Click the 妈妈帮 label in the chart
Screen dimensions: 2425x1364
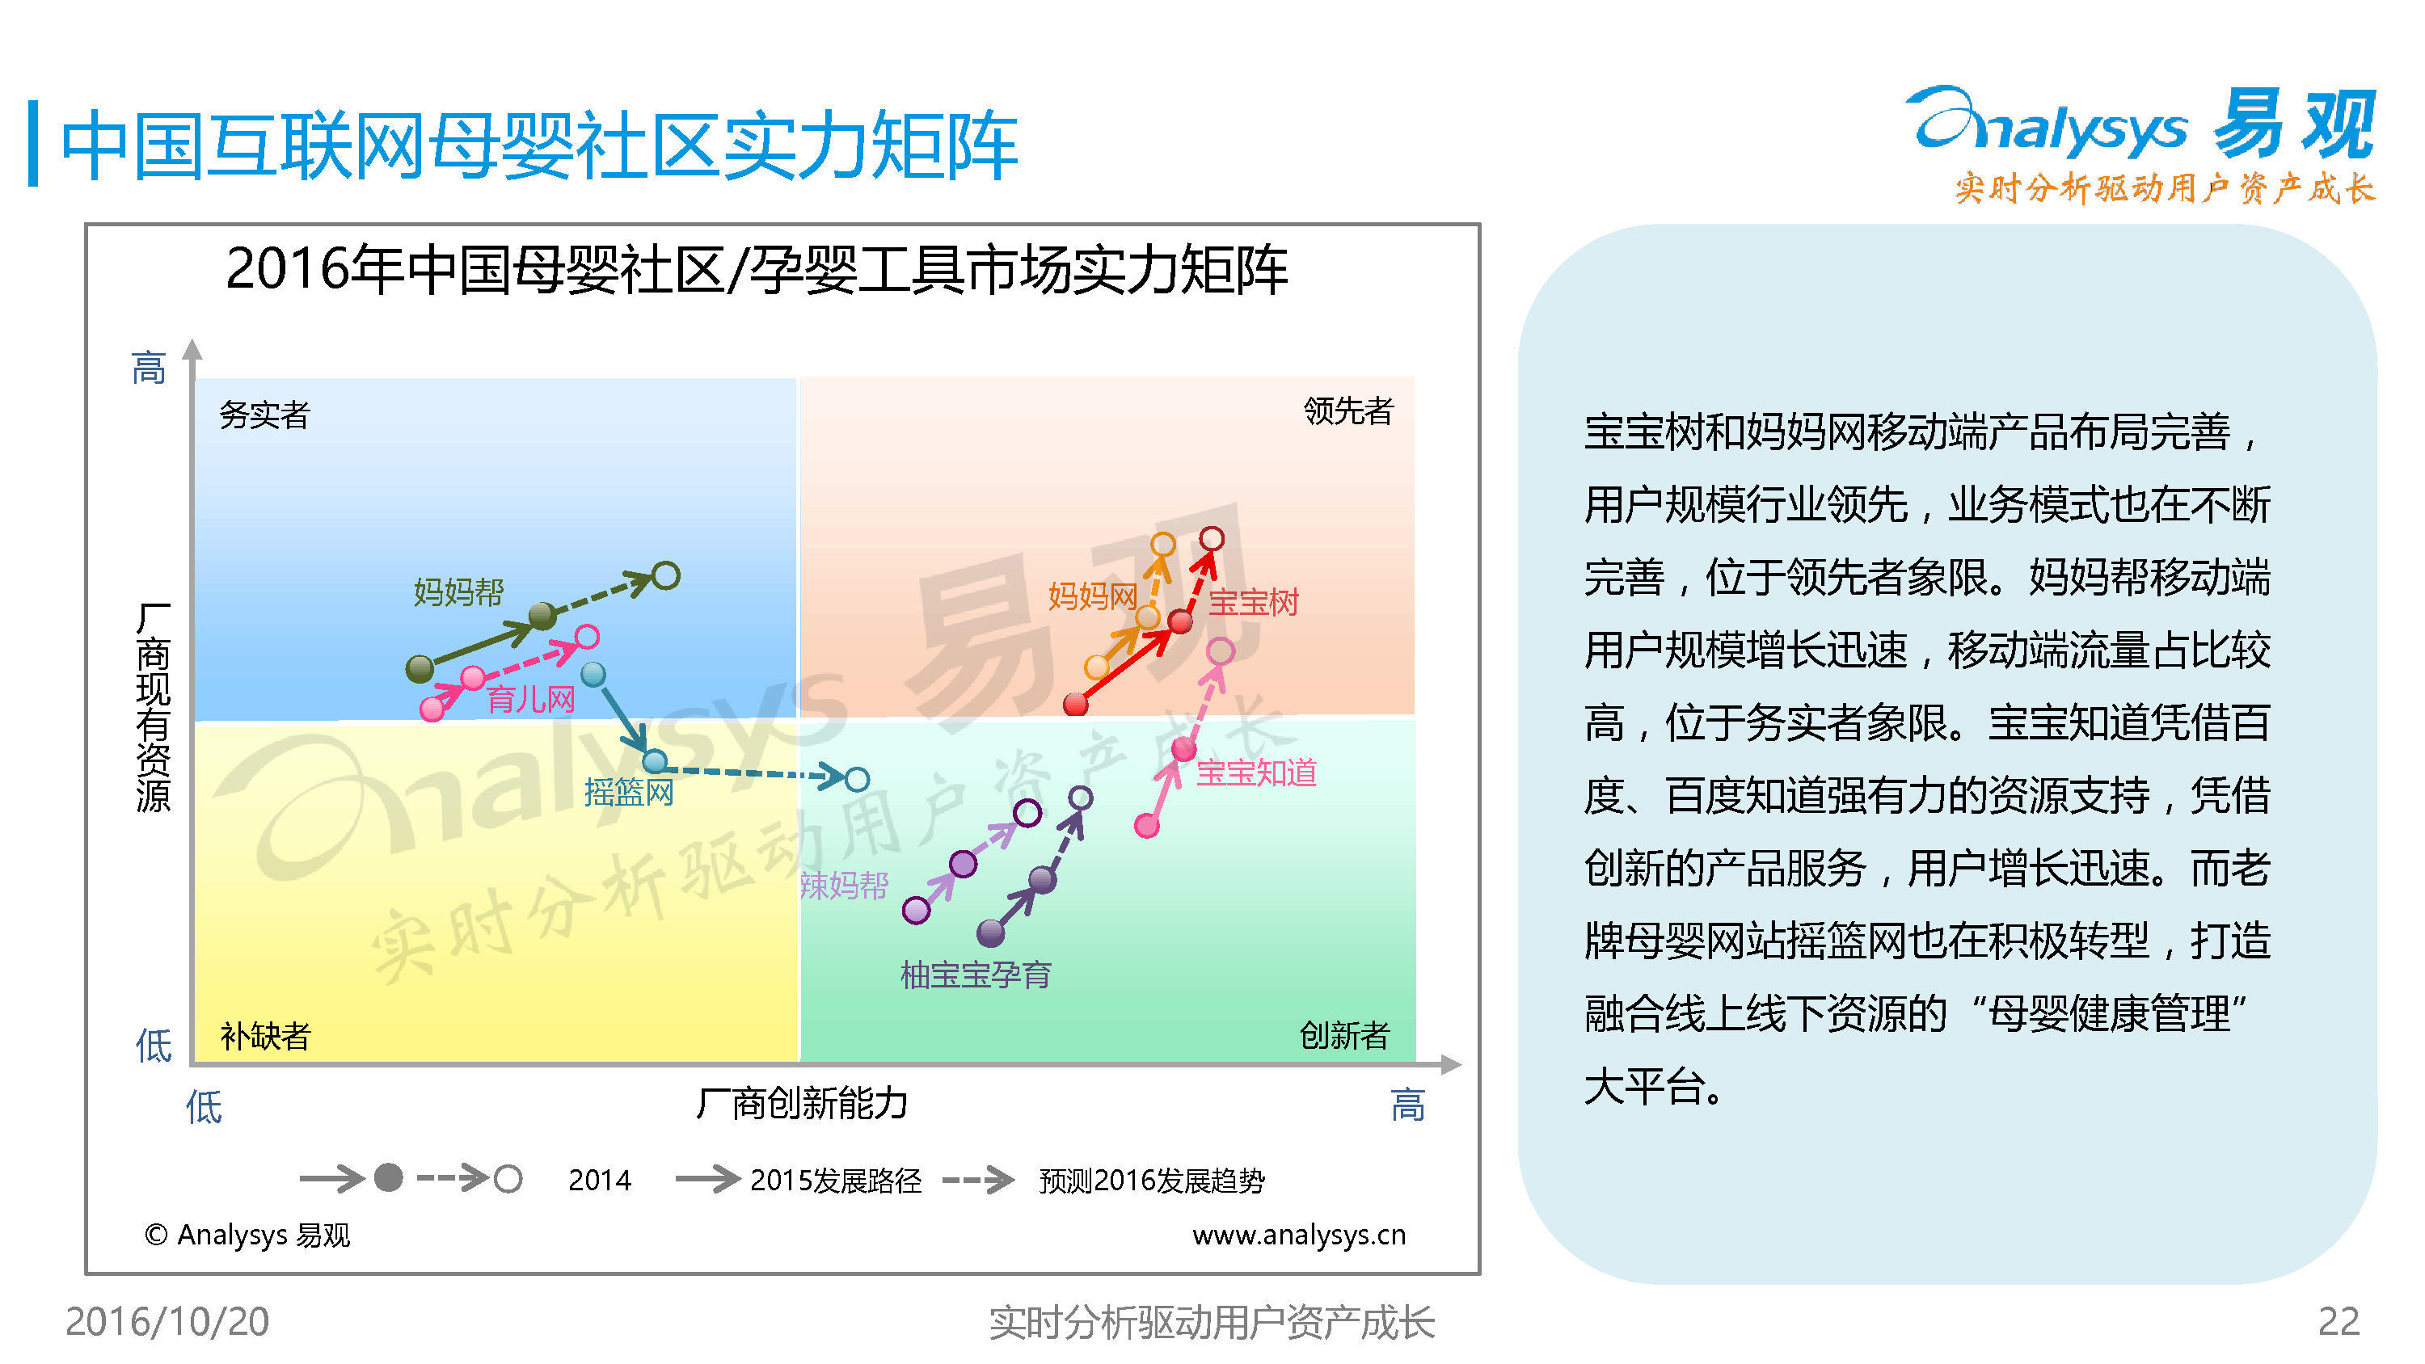pos(458,592)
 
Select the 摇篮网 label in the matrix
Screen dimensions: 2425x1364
pos(629,793)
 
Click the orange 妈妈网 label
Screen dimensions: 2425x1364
pos(1092,595)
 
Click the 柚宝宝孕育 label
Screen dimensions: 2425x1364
pos(976,975)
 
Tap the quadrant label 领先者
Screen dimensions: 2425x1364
pos(1348,410)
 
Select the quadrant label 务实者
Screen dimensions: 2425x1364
pos(264,415)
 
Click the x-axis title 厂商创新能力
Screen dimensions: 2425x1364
pos(802,1102)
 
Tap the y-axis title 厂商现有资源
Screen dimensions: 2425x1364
pos(154,707)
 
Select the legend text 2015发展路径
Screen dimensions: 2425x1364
pos(836,1180)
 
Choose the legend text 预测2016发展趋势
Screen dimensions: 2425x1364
pos(1151,1180)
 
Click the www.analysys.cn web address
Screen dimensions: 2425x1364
pos(1299,1234)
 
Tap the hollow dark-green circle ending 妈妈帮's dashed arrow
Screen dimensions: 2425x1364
pos(665,575)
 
